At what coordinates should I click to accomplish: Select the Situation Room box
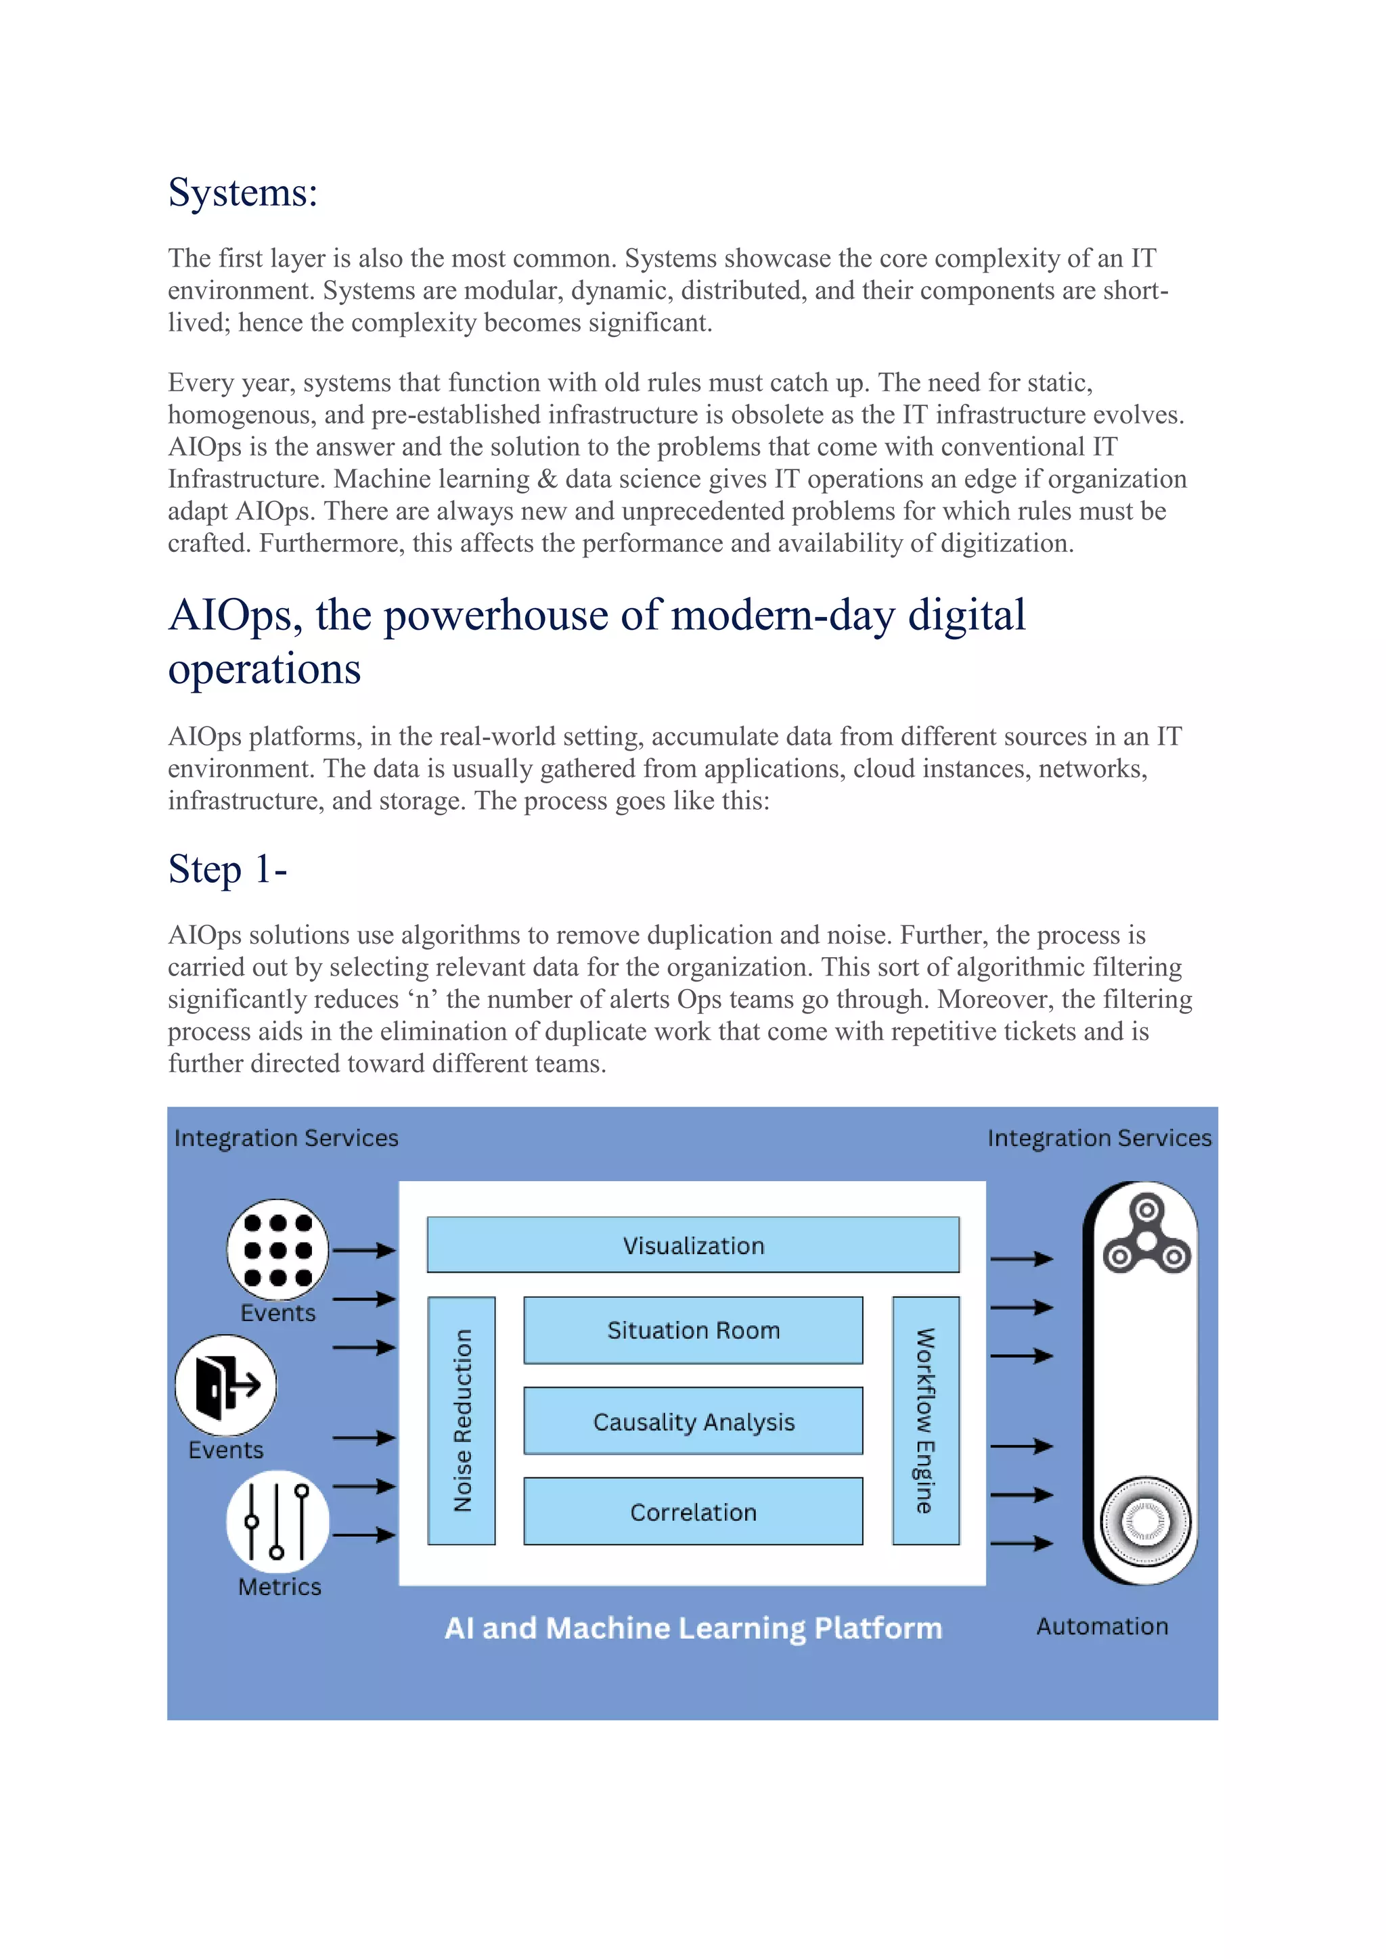point(693,1330)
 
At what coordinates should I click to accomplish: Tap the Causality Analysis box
point(693,1421)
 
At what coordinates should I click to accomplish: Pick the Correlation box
point(693,1512)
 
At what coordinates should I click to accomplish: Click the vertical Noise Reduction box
point(462,1421)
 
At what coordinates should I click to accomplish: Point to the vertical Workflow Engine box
point(926,1421)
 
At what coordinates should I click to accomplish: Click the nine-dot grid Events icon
point(277,1249)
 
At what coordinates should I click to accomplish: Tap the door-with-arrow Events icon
point(226,1385)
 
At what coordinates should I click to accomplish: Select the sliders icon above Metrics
point(277,1521)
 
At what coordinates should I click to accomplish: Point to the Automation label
point(1102,1626)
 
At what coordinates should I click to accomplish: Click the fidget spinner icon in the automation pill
point(1147,1237)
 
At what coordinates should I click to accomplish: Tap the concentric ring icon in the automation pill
point(1145,1521)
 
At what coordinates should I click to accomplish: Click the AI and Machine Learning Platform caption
point(693,1628)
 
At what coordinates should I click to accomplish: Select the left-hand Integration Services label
point(286,1138)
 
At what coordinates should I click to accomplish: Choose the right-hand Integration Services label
point(1099,1138)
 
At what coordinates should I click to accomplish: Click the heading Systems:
point(243,192)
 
